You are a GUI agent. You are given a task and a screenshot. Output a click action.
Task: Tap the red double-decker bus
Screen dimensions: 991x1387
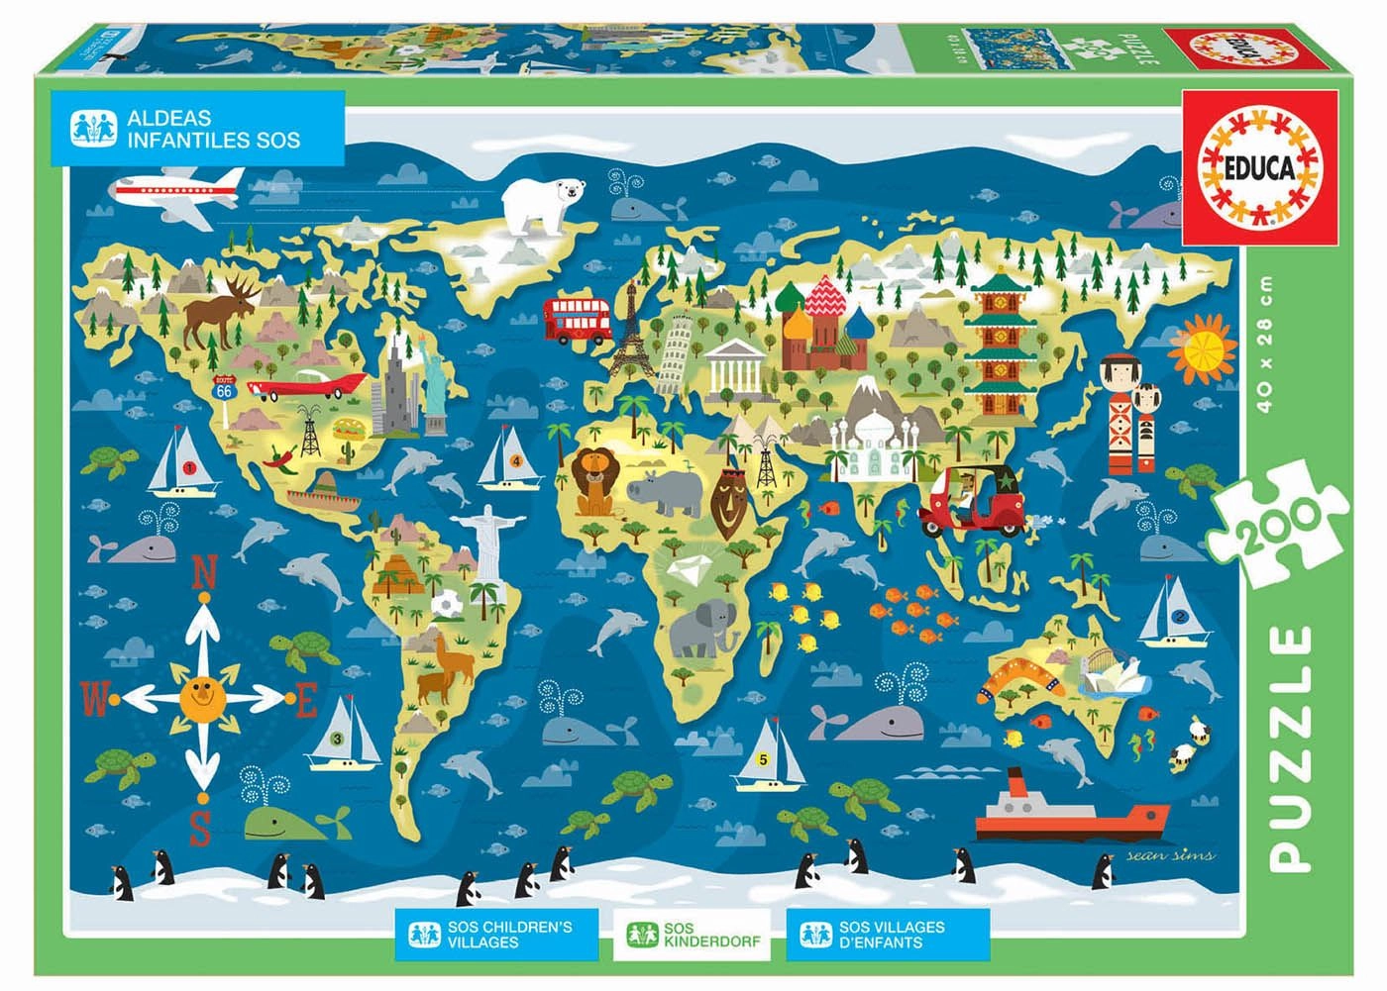[x=579, y=320]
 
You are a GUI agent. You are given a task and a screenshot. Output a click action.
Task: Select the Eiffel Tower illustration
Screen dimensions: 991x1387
[x=628, y=332]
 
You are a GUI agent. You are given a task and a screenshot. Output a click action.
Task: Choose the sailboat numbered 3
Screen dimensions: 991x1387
[x=343, y=735]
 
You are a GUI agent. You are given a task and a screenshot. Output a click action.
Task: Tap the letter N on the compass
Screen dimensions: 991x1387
[x=203, y=571]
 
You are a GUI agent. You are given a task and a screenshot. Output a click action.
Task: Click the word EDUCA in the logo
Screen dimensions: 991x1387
[x=1260, y=168]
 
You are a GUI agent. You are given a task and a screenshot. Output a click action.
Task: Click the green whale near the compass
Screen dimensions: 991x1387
[x=282, y=821]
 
